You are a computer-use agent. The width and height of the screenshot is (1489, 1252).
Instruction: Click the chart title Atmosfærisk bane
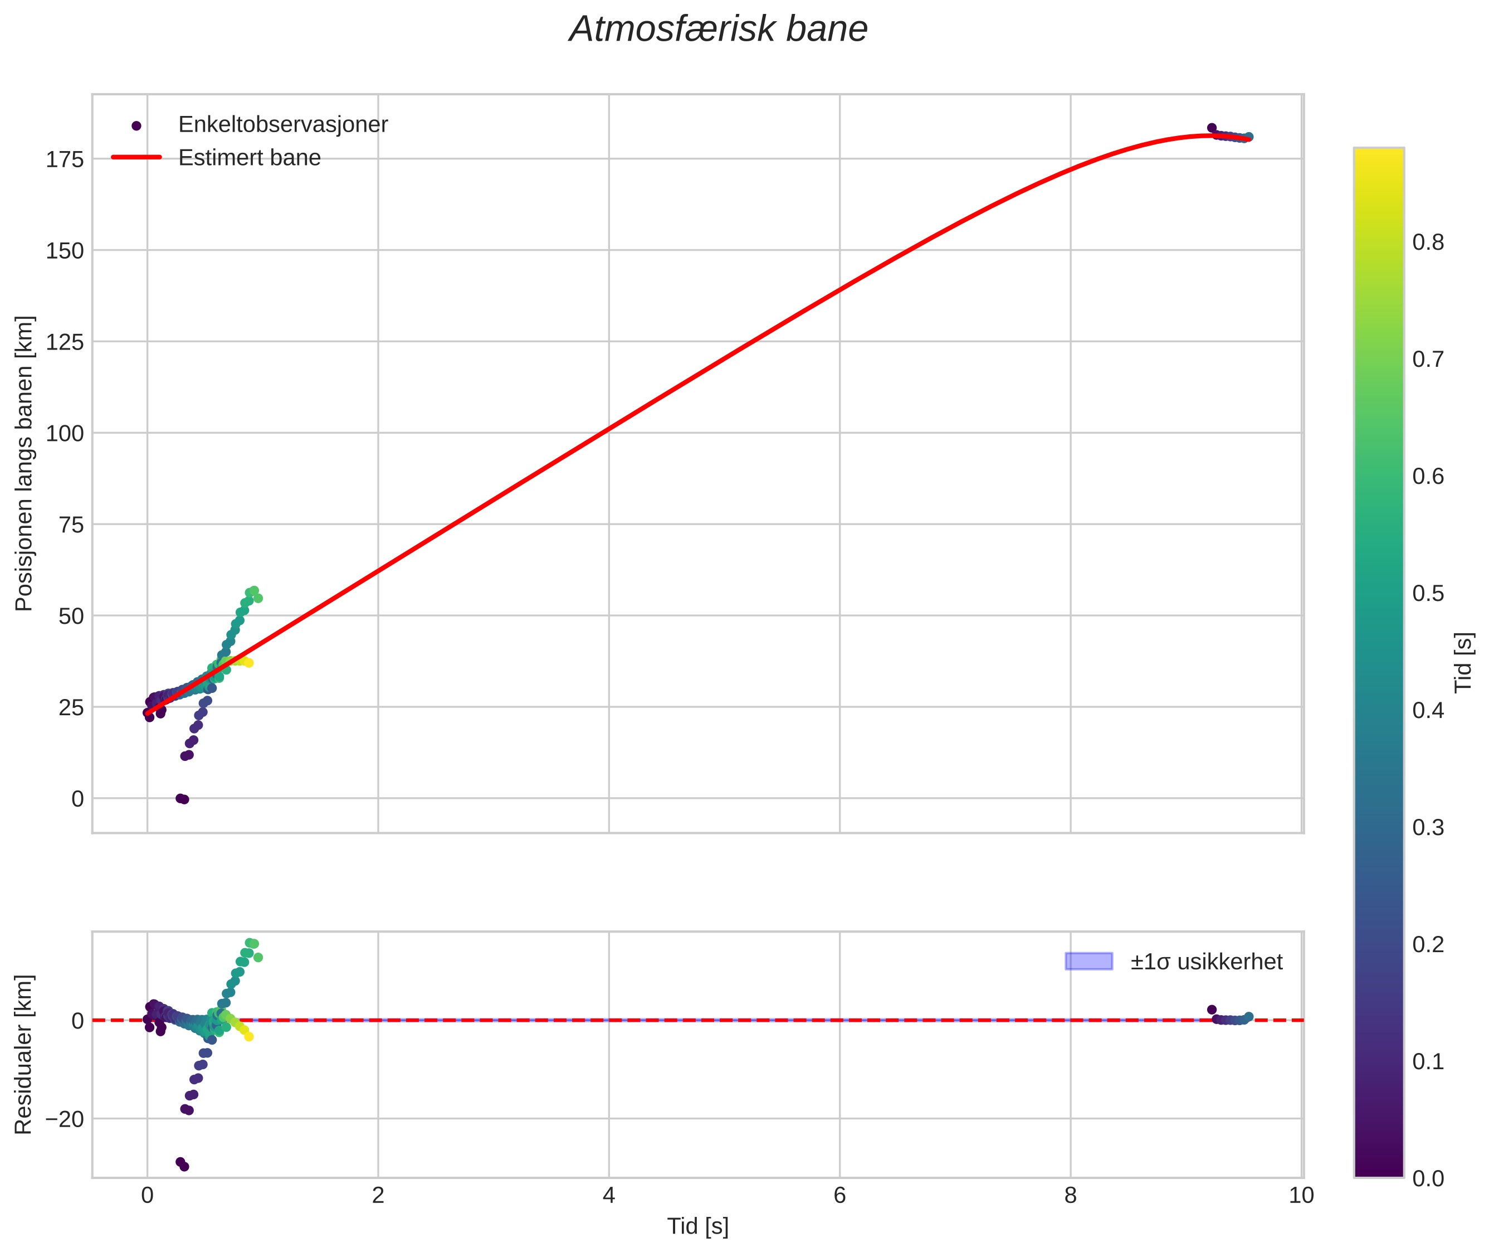(x=718, y=30)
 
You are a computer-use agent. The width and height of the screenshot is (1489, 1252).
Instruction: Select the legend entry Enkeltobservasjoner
(x=282, y=125)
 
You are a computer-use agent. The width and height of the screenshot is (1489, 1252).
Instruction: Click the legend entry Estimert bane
(x=249, y=158)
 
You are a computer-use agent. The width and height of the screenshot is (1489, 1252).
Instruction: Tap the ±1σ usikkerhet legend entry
(x=1206, y=962)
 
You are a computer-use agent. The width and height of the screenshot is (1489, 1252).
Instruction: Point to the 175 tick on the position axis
(x=65, y=159)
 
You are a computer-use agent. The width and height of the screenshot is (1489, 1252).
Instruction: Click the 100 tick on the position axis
(x=65, y=434)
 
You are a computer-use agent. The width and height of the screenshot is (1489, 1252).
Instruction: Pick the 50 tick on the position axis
(x=71, y=616)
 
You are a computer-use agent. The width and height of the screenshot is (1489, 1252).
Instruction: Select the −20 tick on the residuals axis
(x=65, y=1119)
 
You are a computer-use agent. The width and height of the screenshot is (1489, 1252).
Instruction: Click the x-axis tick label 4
(x=609, y=1196)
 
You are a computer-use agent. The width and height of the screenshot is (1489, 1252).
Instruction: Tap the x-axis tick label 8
(x=1071, y=1196)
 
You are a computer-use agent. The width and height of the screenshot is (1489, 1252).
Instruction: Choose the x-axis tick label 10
(x=1301, y=1196)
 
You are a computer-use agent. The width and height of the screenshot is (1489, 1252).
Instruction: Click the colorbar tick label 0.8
(x=1428, y=242)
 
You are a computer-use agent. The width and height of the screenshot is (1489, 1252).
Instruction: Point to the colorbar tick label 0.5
(x=1428, y=593)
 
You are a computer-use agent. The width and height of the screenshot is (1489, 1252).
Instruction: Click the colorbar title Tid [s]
(x=1463, y=662)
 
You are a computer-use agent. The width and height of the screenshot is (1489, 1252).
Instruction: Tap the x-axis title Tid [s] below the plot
(x=697, y=1226)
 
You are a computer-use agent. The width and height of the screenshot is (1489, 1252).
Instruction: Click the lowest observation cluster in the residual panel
(x=182, y=1164)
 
